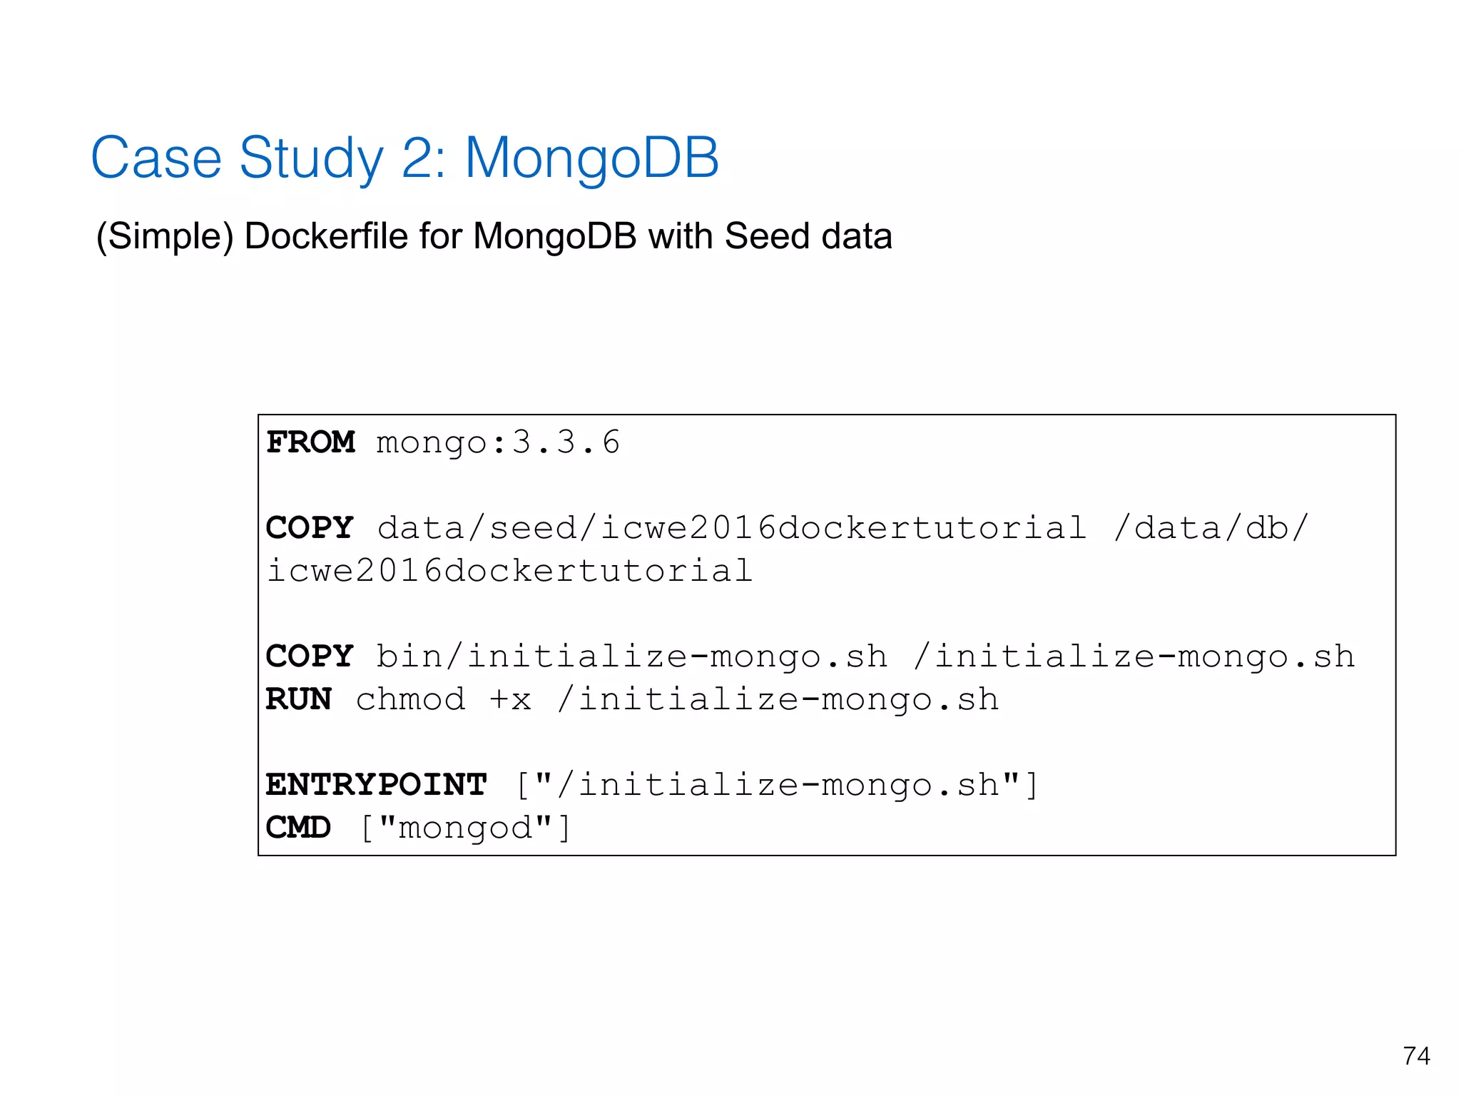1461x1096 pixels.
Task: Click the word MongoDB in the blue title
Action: click(x=591, y=158)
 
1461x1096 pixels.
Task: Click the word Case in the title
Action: click(x=156, y=158)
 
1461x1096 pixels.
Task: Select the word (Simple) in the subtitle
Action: click(x=165, y=236)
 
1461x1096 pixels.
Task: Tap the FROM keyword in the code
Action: click(x=310, y=442)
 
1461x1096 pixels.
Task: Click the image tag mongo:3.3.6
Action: click(x=498, y=442)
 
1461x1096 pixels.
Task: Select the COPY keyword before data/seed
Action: click(x=310, y=528)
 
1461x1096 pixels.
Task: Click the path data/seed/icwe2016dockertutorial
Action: click(x=732, y=528)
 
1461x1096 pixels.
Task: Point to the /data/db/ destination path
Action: click(x=1211, y=528)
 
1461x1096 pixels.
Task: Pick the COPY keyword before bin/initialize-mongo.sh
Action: click(x=310, y=656)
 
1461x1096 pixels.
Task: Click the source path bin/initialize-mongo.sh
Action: click(x=632, y=656)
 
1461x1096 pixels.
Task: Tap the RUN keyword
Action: click(x=298, y=699)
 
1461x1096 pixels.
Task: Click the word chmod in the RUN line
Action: click(x=411, y=699)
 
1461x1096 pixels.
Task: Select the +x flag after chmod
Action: click(x=511, y=699)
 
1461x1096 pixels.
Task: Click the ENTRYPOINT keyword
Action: click(x=377, y=785)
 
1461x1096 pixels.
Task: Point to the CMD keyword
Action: click(x=298, y=828)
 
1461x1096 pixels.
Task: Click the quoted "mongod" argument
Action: click(x=465, y=828)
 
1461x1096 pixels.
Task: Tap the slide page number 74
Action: click(x=1416, y=1056)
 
